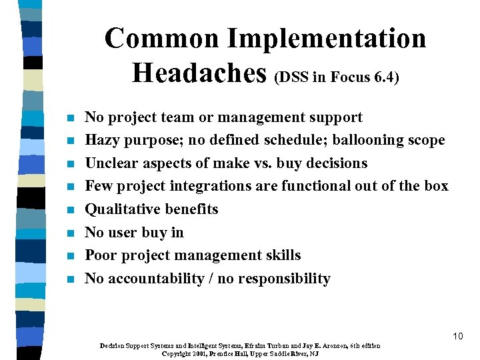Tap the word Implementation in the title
pos(326,38)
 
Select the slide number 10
pos(457,336)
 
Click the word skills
pos(282,255)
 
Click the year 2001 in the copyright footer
pos(201,353)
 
